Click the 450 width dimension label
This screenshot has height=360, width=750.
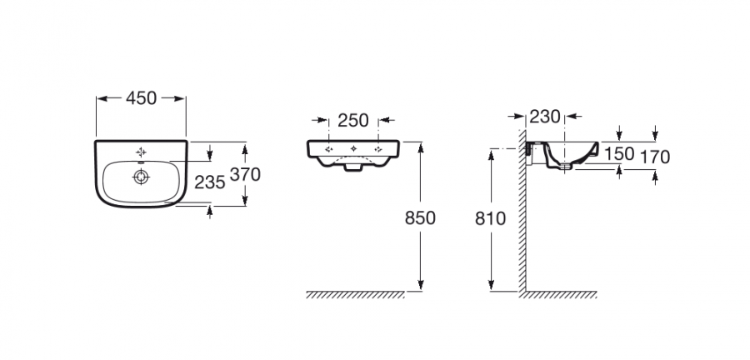click(x=141, y=98)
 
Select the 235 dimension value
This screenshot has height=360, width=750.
click(x=209, y=182)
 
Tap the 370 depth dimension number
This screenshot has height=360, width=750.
click(x=245, y=174)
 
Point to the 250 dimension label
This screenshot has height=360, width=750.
click(x=353, y=121)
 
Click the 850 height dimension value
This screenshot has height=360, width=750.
click(x=421, y=218)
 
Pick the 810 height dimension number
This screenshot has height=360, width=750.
click(x=490, y=218)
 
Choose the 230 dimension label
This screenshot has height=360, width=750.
click(x=545, y=116)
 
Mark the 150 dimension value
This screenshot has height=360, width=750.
click(x=619, y=153)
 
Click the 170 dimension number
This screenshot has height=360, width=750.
click(x=655, y=157)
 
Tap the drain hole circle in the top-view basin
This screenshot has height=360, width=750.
click(x=141, y=177)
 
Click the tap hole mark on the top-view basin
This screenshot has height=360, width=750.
click(x=141, y=152)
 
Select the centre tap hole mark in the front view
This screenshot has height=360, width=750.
click(x=353, y=148)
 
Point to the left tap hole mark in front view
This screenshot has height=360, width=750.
click(x=328, y=149)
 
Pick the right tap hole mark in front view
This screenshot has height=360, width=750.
click(x=378, y=149)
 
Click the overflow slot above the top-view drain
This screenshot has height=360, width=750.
click(x=141, y=163)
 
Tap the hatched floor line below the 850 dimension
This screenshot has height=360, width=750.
click(x=355, y=294)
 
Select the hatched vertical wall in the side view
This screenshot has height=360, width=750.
click(x=522, y=210)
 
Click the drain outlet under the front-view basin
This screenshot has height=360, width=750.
click(x=353, y=167)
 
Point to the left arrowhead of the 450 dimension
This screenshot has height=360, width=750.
click(x=102, y=98)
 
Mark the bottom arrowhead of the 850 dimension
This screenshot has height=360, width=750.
click(x=421, y=285)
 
